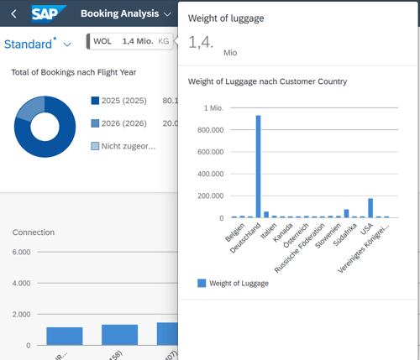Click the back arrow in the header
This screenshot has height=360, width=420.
(x=13, y=14)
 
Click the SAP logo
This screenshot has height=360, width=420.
(x=50, y=14)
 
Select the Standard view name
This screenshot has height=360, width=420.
(x=29, y=44)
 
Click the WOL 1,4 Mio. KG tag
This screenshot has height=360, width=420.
(x=130, y=41)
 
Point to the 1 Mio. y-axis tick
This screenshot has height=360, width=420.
(x=210, y=108)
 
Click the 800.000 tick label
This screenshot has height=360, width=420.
(x=207, y=130)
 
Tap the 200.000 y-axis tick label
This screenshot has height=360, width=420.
(x=207, y=196)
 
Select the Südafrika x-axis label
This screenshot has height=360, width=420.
(x=343, y=236)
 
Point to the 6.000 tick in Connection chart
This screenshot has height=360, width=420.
(x=21, y=252)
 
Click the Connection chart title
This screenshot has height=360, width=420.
(x=34, y=232)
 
